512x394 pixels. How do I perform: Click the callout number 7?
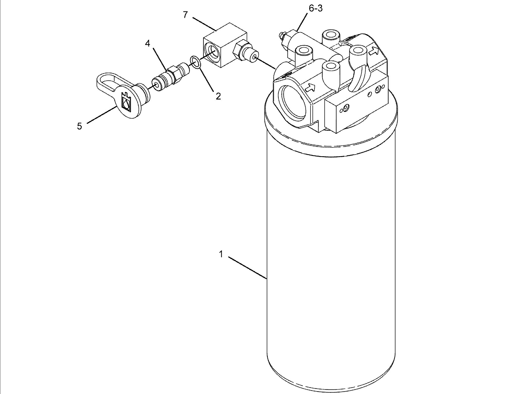coord(185,15)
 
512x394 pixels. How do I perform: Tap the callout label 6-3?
coord(316,8)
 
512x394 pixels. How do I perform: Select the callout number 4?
coord(147,44)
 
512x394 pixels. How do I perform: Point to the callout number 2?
coord(218,96)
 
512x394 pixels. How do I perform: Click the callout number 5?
coord(80,126)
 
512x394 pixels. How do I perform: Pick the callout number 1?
coord(221,254)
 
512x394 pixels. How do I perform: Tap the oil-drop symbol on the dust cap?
coord(126,102)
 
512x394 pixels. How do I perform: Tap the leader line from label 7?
coord(204,24)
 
